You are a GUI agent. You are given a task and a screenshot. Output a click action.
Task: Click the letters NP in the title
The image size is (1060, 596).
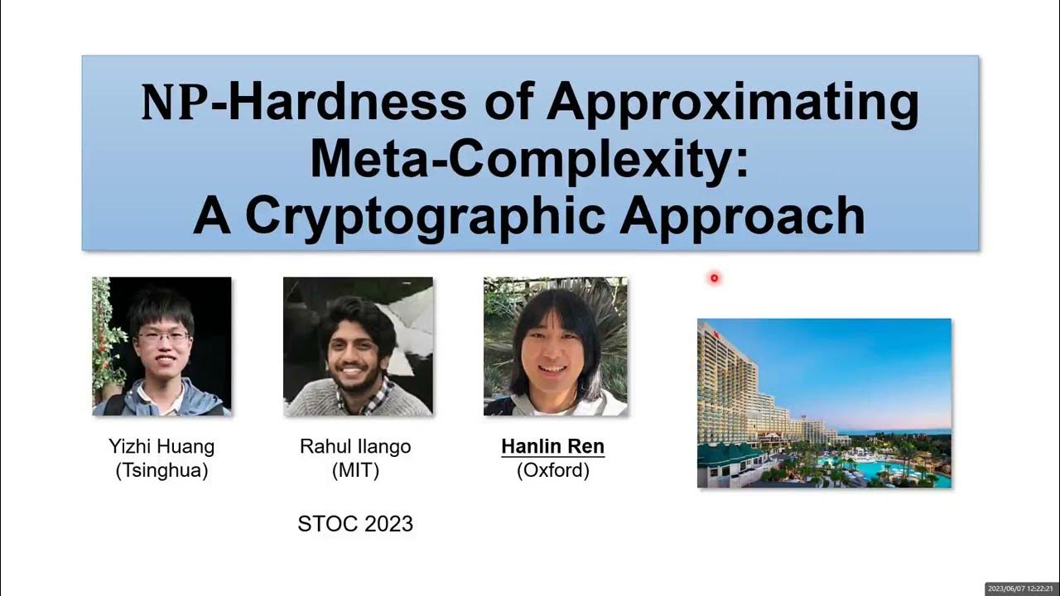pyautogui.click(x=174, y=103)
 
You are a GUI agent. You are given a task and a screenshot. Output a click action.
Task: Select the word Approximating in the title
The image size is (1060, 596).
pyautogui.click(x=733, y=103)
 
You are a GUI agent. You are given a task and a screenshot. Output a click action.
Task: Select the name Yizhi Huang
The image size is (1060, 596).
pyautogui.click(x=161, y=447)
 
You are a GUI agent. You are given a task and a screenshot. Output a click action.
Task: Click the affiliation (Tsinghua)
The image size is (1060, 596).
pyautogui.click(x=161, y=471)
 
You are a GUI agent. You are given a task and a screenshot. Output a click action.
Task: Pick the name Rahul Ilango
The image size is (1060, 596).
pyautogui.click(x=355, y=447)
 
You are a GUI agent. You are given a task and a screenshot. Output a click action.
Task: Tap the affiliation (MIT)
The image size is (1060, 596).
pyautogui.click(x=355, y=471)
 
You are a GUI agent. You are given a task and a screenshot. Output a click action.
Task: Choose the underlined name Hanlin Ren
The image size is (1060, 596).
pyautogui.click(x=552, y=447)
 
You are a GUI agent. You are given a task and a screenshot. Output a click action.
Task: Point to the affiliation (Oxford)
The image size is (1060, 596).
pyautogui.click(x=552, y=471)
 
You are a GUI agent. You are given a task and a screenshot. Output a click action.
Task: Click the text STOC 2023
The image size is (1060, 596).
pyautogui.click(x=355, y=524)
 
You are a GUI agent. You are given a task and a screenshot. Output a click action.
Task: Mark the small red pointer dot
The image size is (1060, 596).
pyautogui.click(x=714, y=279)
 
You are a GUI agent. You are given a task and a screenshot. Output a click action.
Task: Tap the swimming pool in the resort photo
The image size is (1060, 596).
pyautogui.click(x=870, y=470)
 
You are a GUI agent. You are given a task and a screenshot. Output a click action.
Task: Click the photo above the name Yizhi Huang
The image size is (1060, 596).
pyautogui.click(x=161, y=346)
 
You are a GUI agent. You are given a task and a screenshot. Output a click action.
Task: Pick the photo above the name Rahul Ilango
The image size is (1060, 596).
pyautogui.click(x=358, y=346)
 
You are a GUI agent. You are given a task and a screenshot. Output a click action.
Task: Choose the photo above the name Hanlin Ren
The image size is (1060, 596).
pyautogui.click(x=555, y=346)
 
